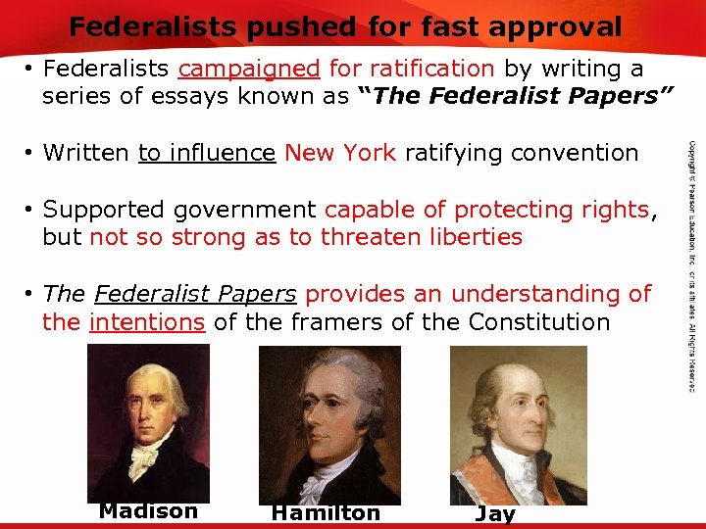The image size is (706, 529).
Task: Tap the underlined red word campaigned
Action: coord(249,69)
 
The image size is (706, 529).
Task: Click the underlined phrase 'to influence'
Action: coord(207,153)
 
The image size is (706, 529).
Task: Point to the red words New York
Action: coord(340,153)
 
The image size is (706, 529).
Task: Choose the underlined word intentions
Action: coord(147,322)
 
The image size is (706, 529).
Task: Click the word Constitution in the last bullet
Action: coord(539,322)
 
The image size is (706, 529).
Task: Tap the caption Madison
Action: coord(148,510)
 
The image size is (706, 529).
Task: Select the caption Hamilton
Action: coord(326,512)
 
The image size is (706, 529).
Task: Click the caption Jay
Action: coord(494,513)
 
